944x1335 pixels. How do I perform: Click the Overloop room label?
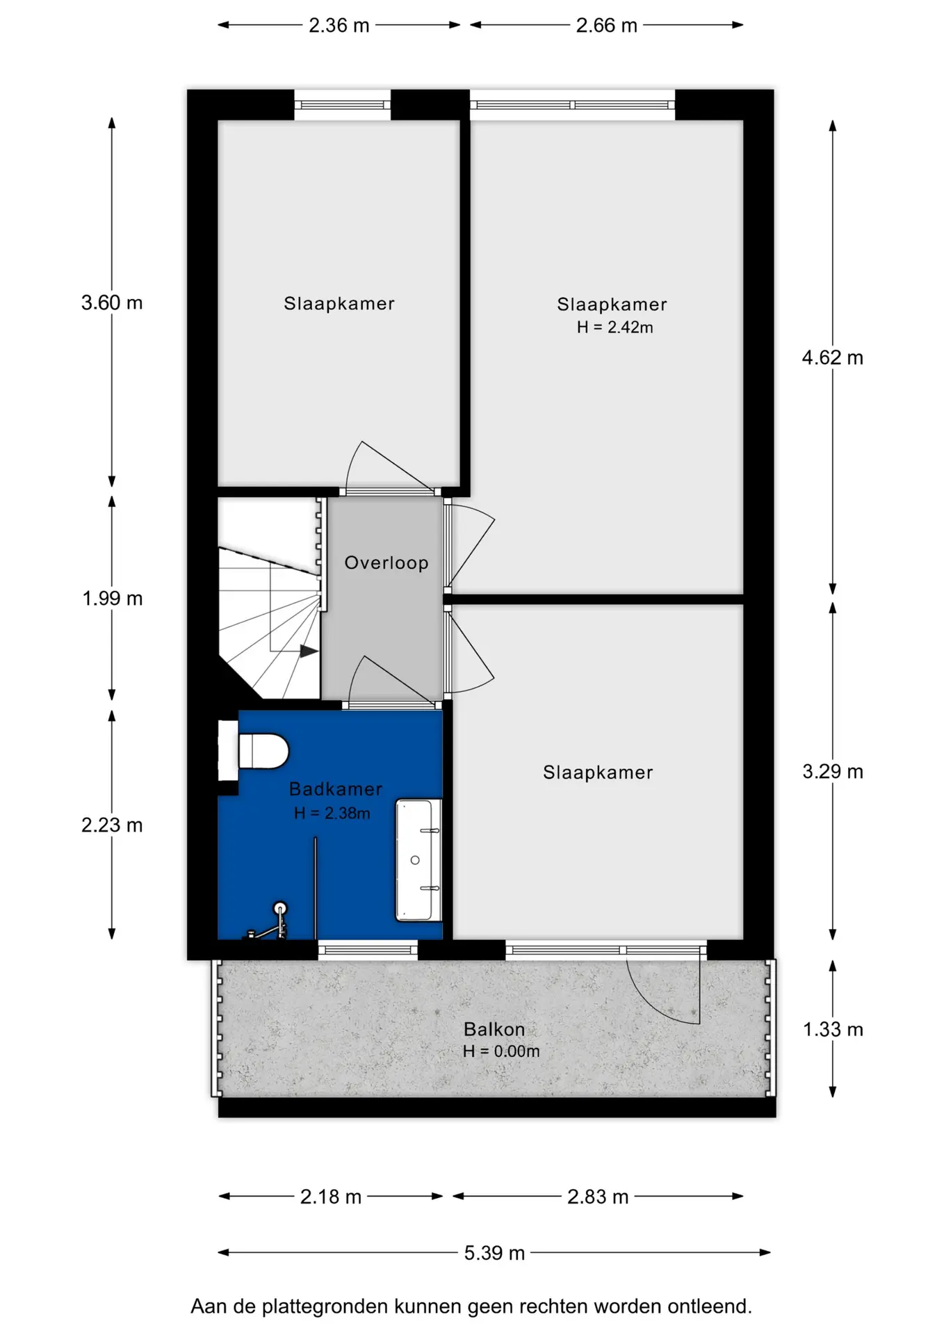click(386, 563)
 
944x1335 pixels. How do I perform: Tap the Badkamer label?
click(336, 789)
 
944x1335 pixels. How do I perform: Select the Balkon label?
click(494, 1029)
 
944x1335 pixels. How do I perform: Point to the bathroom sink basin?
click(418, 860)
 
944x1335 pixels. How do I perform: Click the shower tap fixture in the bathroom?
click(271, 922)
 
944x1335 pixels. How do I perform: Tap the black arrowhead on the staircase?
click(309, 652)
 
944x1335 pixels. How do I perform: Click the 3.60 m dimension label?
click(112, 302)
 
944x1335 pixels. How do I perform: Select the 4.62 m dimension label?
click(832, 357)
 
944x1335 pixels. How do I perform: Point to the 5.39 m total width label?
click(494, 1253)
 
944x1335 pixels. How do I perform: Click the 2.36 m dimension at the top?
click(339, 26)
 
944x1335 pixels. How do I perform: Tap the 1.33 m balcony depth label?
click(833, 1029)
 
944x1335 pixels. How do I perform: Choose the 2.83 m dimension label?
click(598, 1197)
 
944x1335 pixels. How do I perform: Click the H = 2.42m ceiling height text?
click(615, 327)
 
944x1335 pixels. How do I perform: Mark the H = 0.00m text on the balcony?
click(501, 1051)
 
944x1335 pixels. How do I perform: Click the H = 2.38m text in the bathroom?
click(332, 813)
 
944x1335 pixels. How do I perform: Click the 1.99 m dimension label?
click(112, 598)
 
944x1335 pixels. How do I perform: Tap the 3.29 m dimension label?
click(833, 771)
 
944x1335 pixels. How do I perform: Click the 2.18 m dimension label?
click(331, 1197)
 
